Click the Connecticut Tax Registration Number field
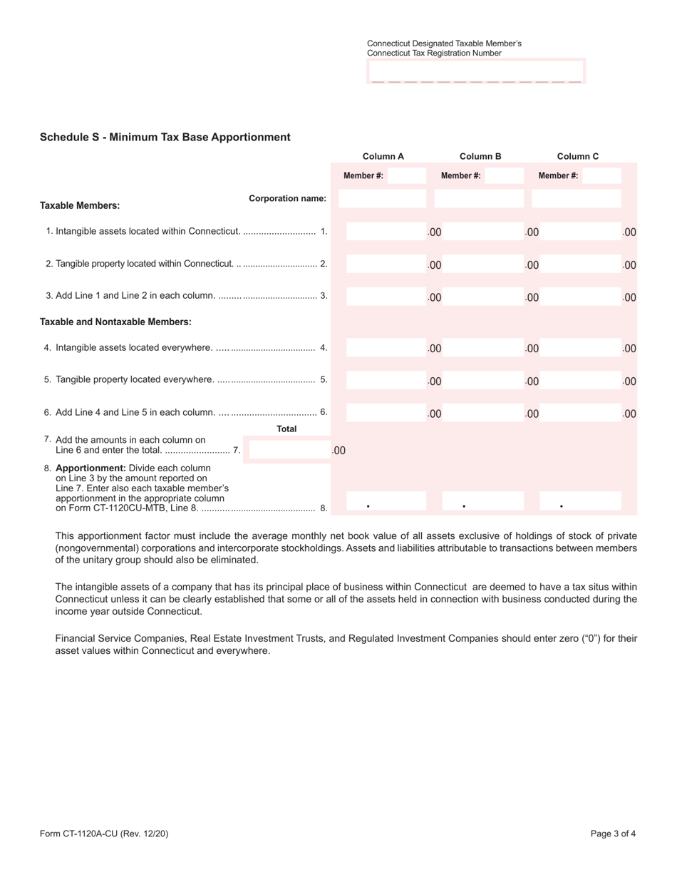476,71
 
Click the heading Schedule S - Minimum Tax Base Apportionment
165,137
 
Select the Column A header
383,156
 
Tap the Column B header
480,156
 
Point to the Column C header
577,156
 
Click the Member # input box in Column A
406,175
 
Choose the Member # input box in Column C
601,175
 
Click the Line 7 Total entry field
289,450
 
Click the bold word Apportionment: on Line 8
89,468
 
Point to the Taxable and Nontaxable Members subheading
115,322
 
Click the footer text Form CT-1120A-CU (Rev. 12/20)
104,833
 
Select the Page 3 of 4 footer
613,833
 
